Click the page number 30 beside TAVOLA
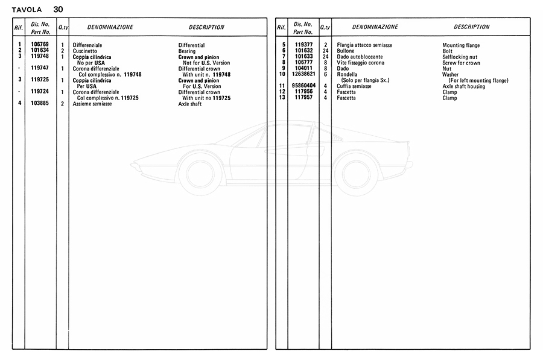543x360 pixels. [x=58, y=9]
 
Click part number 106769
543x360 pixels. [x=40, y=45]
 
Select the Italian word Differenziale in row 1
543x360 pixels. [x=88, y=45]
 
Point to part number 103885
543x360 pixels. [x=40, y=104]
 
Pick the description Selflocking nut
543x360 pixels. [x=460, y=57]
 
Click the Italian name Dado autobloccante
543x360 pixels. [x=360, y=57]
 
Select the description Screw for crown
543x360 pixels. [x=461, y=63]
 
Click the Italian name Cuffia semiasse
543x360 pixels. [x=355, y=86]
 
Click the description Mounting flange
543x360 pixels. [x=461, y=45]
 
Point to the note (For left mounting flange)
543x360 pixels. [x=478, y=80]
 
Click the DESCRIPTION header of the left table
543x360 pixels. [x=206, y=27]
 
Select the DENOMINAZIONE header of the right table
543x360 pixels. [x=375, y=27]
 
